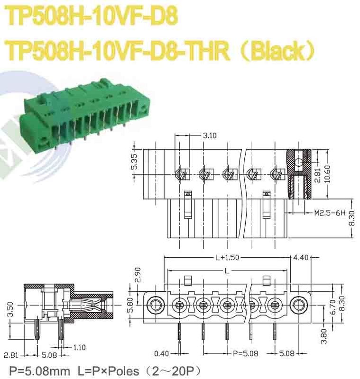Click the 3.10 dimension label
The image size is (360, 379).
point(210,135)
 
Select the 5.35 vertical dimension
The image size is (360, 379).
point(135,162)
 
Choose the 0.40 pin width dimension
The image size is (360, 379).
point(163,353)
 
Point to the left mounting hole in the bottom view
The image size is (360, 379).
point(155,303)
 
